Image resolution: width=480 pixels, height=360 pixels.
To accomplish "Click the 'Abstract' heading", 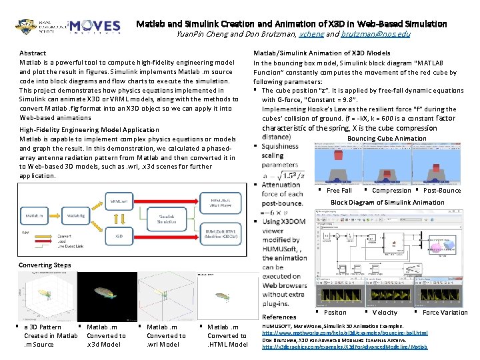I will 33,53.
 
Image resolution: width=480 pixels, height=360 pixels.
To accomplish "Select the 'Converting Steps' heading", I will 45,265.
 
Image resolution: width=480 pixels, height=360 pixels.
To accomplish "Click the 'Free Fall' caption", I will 339,191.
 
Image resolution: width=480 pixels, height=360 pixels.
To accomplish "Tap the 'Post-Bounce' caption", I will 442,191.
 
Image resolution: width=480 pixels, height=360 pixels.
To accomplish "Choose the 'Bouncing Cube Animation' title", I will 387,139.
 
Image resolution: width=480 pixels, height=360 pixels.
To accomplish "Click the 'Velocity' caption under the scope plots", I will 385,312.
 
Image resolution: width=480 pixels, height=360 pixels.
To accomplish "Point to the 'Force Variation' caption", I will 445,312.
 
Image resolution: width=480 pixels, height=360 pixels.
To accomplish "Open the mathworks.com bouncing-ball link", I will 354,333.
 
